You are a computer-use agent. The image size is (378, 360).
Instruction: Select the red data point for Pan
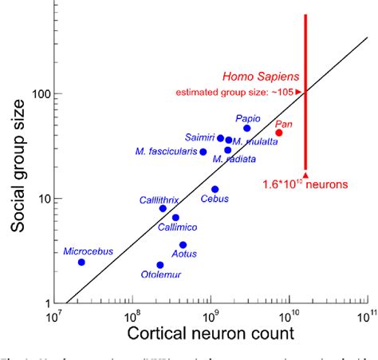(279, 133)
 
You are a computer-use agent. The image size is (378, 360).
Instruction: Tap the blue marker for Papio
(247, 129)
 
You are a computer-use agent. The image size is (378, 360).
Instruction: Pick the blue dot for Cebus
(215, 189)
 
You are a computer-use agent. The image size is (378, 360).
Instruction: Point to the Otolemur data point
(160, 265)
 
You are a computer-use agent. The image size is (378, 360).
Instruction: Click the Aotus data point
(183, 245)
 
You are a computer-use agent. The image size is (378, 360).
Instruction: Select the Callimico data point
(175, 217)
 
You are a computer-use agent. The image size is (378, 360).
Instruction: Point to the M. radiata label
(235, 160)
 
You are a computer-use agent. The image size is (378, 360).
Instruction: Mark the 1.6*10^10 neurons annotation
(305, 185)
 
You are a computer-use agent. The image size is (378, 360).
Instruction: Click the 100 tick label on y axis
(35, 93)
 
